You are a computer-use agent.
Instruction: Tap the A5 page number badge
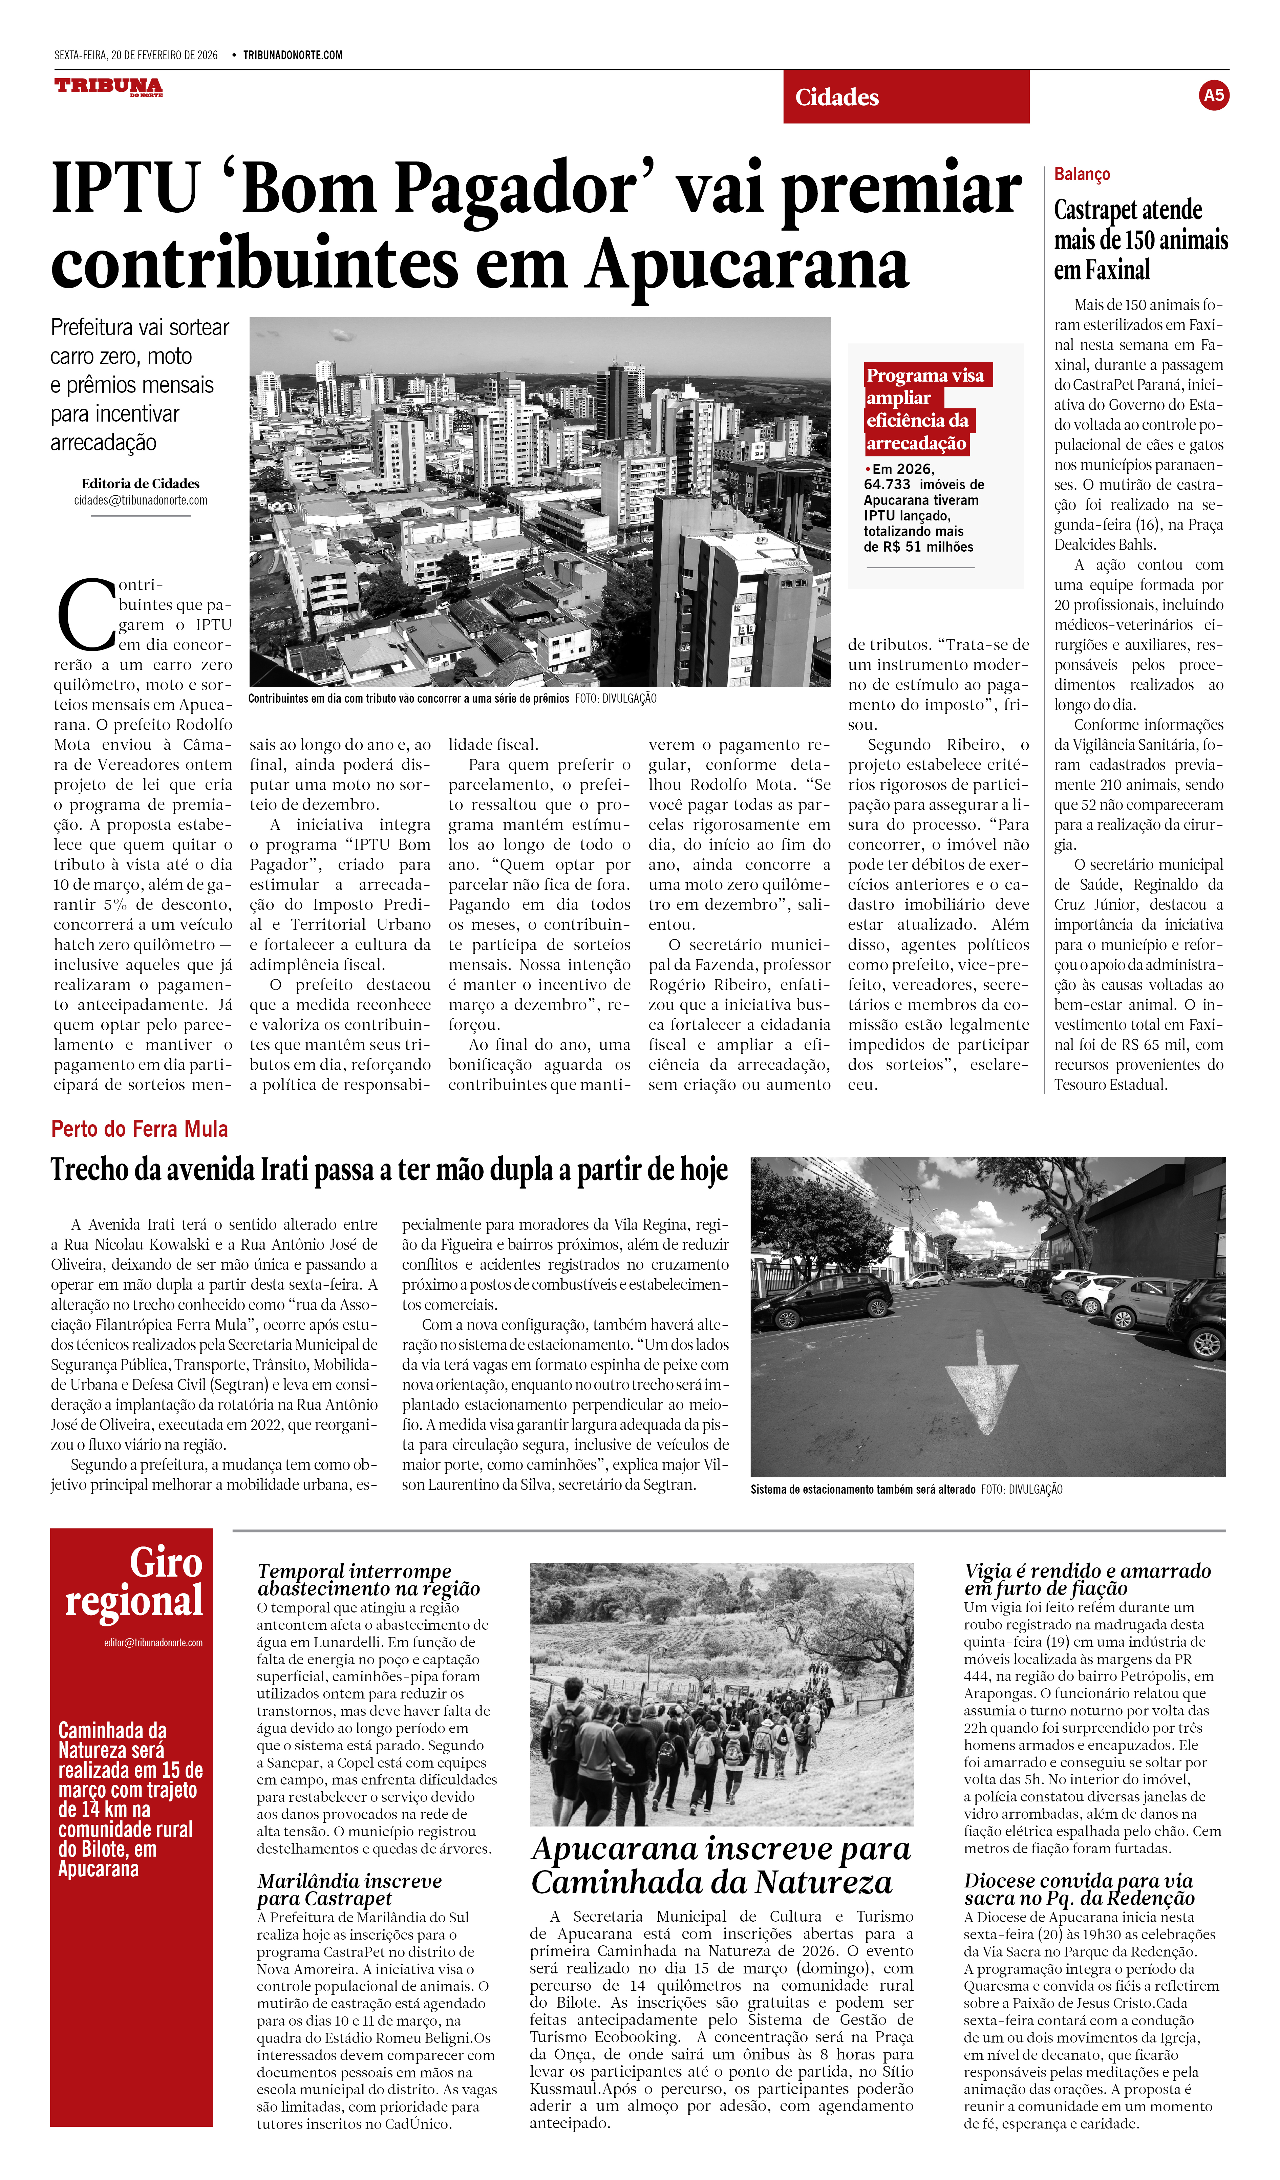point(1213,95)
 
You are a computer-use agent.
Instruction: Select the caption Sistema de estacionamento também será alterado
point(862,1490)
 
